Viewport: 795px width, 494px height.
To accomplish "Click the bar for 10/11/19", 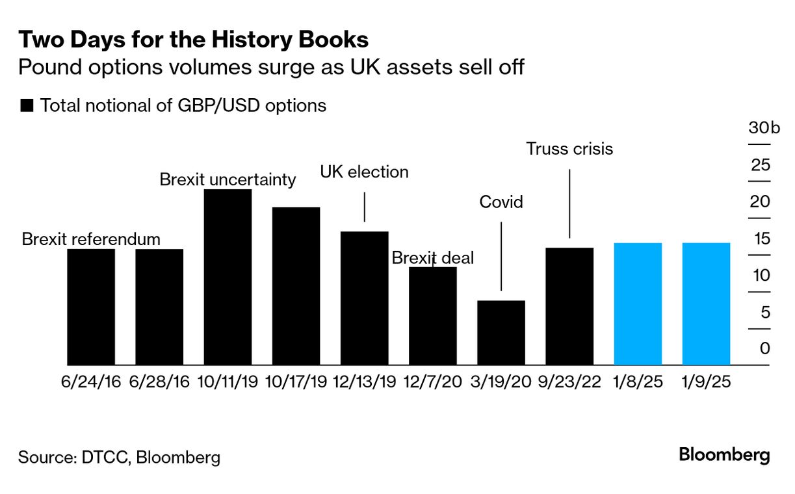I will click(228, 277).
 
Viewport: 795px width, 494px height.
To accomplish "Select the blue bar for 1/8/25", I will click(638, 304).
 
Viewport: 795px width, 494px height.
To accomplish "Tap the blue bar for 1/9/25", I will click(706, 304).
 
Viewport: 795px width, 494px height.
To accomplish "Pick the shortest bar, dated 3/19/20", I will click(501, 332).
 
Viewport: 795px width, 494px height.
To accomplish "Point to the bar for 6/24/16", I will click(91, 307).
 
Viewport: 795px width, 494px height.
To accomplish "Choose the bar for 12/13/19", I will click(365, 298).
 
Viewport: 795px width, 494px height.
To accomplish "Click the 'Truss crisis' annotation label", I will click(569, 149).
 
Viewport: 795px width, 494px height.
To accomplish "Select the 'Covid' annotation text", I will click(501, 202).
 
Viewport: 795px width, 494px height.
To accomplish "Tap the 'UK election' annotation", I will click(365, 172).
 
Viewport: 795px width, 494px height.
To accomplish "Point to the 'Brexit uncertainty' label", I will click(228, 179).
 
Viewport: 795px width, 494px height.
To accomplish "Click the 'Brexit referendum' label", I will click(91, 239).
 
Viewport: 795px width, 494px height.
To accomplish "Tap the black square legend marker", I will click(27, 106).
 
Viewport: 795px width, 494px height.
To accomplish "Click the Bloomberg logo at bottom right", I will click(724, 454).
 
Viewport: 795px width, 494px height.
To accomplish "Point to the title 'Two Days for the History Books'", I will click(193, 40).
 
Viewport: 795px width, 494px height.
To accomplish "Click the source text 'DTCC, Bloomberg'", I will click(151, 458).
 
